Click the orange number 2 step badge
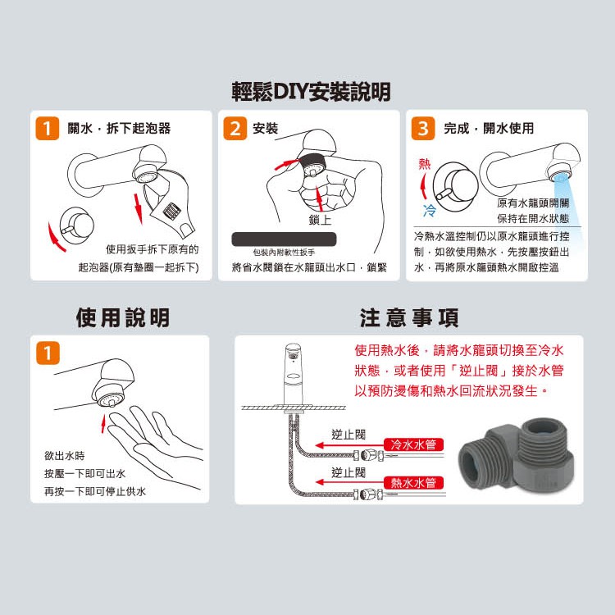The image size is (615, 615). [x=235, y=128]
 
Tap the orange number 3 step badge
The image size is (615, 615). [x=423, y=128]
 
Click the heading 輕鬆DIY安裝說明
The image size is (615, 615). [x=311, y=92]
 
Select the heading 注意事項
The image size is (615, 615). [x=409, y=317]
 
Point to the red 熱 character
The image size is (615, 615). [x=425, y=164]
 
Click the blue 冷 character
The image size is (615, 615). [x=430, y=210]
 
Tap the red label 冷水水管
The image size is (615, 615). [x=413, y=444]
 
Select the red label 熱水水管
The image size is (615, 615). [x=413, y=482]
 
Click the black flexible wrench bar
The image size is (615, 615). [x=284, y=239]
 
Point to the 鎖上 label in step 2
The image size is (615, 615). [x=320, y=220]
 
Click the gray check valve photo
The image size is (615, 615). [x=516, y=456]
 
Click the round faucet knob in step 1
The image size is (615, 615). [x=77, y=226]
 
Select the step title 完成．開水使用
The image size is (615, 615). [x=489, y=128]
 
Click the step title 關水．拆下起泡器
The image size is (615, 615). [x=119, y=128]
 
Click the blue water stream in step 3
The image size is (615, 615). [x=571, y=212]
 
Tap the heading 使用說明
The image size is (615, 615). [x=123, y=317]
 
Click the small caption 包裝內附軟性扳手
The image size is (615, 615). [x=284, y=253]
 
